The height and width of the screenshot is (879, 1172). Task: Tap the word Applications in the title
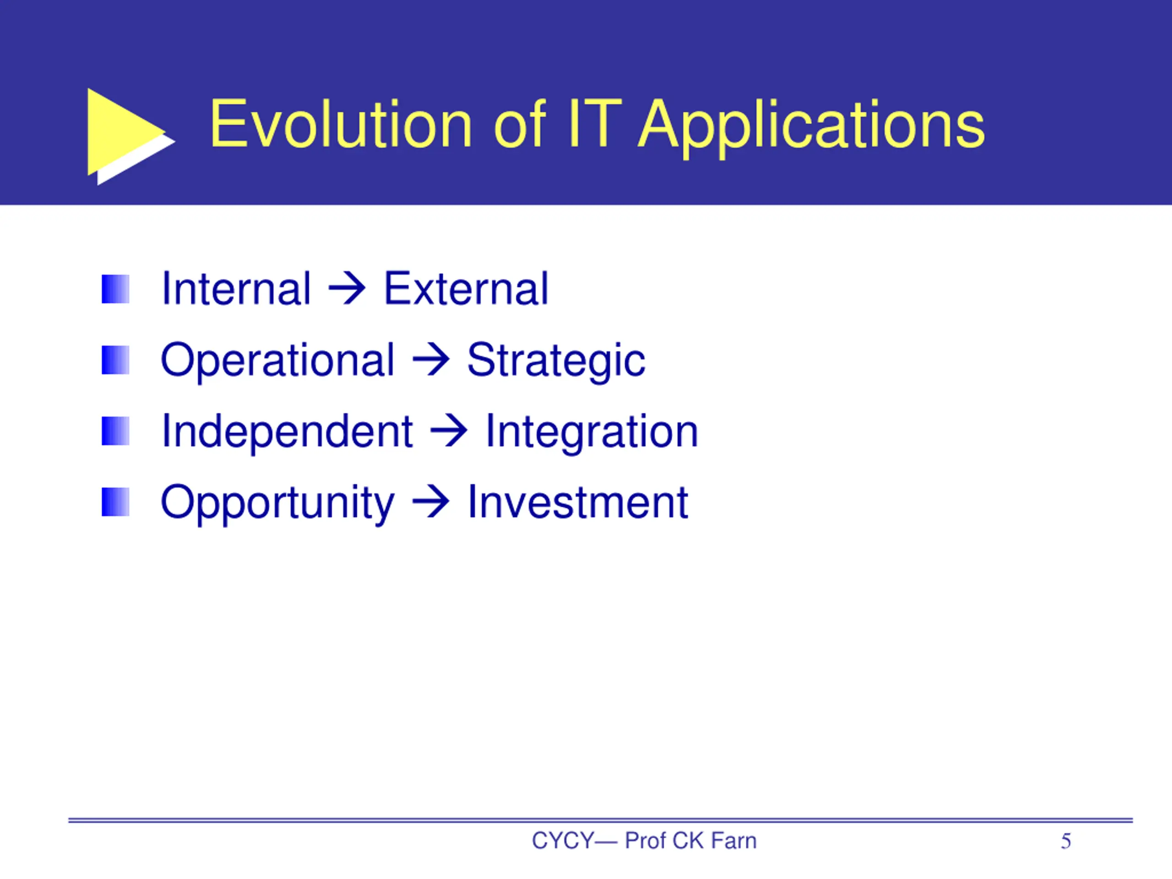click(811, 128)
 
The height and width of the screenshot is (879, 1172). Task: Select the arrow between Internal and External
click(347, 289)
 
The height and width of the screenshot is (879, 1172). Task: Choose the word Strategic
click(556, 362)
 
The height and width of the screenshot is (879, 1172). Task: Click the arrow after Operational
click(431, 360)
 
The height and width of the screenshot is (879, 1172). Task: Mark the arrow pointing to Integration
click(449, 431)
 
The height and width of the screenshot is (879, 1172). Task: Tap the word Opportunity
click(277, 503)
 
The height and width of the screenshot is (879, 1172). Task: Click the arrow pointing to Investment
click(431, 502)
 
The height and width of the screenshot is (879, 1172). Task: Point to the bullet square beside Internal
click(115, 289)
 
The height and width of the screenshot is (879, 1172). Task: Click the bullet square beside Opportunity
click(115, 502)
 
